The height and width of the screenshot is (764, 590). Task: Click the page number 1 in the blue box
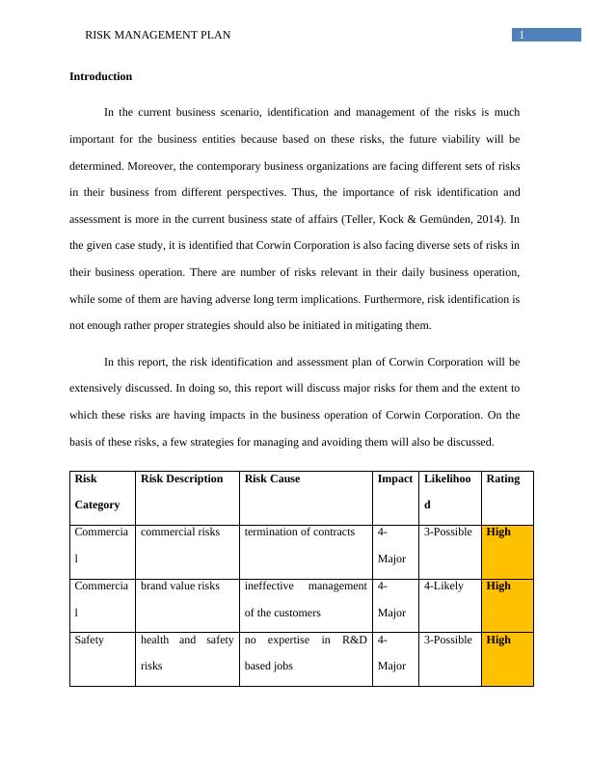pos(522,36)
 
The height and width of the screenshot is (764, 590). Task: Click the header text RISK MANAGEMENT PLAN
pos(158,36)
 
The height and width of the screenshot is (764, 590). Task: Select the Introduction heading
pos(101,76)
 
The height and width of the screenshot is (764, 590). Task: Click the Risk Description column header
pos(182,479)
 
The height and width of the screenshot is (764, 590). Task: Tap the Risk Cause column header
pos(272,479)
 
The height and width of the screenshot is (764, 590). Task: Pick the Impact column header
pos(395,479)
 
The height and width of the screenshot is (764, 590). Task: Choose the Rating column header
pos(503,479)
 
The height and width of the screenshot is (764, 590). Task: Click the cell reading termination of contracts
pos(299,532)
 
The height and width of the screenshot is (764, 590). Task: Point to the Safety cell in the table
pos(90,641)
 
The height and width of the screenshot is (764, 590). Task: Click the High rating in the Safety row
pos(499,641)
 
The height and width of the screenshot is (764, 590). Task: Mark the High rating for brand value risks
pos(499,587)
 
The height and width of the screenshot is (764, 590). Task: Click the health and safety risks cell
pos(187,652)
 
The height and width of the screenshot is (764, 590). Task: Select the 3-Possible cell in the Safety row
pos(448,641)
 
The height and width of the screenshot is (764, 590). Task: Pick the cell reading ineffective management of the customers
pos(306,598)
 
